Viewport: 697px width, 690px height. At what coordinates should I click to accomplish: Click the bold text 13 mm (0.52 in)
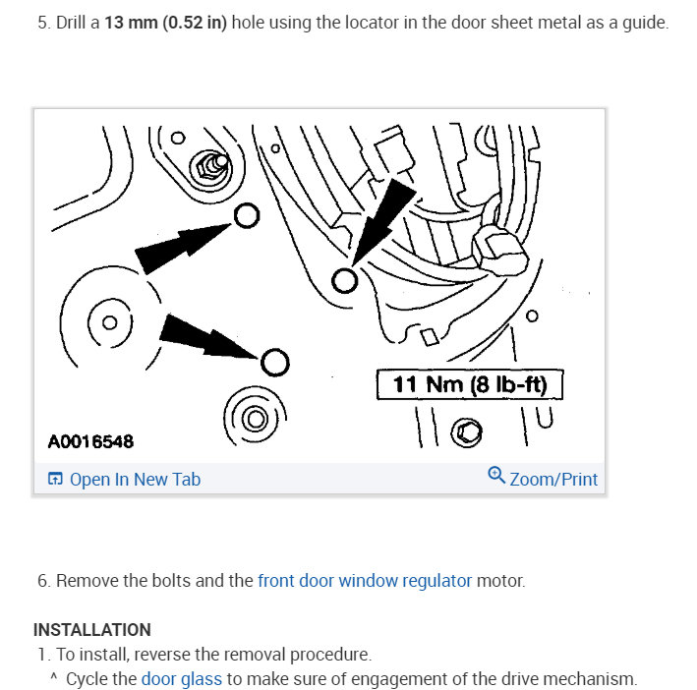(165, 23)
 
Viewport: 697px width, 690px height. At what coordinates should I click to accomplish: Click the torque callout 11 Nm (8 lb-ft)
(469, 383)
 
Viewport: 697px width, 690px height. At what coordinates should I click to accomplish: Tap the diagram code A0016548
(90, 441)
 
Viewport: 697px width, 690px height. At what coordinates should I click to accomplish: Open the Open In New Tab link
(135, 479)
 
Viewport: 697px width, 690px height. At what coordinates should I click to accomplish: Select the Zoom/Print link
(553, 479)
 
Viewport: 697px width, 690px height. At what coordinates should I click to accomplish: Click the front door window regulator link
(365, 580)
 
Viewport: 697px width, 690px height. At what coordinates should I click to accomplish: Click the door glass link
(182, 678)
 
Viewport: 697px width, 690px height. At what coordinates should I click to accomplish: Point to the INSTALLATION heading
(92, 629)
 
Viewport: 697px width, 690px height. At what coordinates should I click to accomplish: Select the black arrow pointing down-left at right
(384, 220)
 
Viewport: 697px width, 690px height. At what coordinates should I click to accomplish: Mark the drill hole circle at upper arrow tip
(247, 215)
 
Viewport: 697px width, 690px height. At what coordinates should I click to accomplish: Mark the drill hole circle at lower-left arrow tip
(274, 363)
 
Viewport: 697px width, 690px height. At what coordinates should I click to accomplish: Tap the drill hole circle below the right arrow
(344, 281)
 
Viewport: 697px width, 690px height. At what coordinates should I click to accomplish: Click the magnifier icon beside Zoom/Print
(496, 477)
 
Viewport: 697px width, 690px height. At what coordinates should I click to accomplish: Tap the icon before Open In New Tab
(55, 480)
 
